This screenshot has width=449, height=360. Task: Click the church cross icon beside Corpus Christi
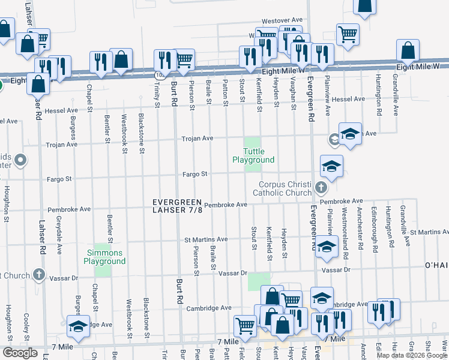click(321, 189)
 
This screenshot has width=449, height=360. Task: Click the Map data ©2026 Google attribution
click(411, 355)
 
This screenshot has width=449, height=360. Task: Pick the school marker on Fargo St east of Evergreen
click(331, 166)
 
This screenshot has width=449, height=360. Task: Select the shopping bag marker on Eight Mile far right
click(408, 51)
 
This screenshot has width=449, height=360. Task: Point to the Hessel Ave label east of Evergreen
click(348, 99)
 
